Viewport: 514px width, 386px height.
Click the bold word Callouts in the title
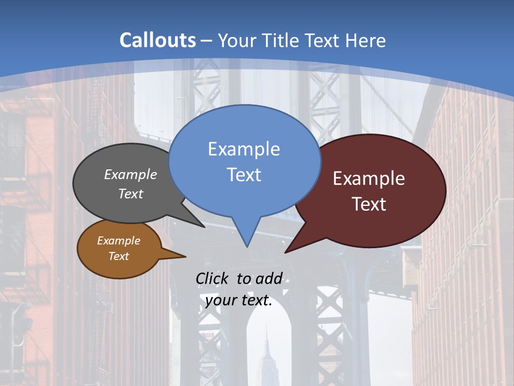pos(157,40)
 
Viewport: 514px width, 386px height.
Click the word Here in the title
pos(365,40)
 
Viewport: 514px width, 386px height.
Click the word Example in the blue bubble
pos(244,149)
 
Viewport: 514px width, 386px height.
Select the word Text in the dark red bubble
pos(369,204)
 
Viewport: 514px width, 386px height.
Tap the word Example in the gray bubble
pos(131,175)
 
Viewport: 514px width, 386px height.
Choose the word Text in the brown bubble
pos(118,256)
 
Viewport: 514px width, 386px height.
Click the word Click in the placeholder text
pos(212,278)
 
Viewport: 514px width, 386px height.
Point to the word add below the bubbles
pos(268,278)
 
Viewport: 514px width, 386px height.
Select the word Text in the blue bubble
pos(244,175)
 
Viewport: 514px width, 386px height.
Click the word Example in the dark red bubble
pos(369,179)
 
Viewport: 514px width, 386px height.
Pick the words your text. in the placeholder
pos(239,300)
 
